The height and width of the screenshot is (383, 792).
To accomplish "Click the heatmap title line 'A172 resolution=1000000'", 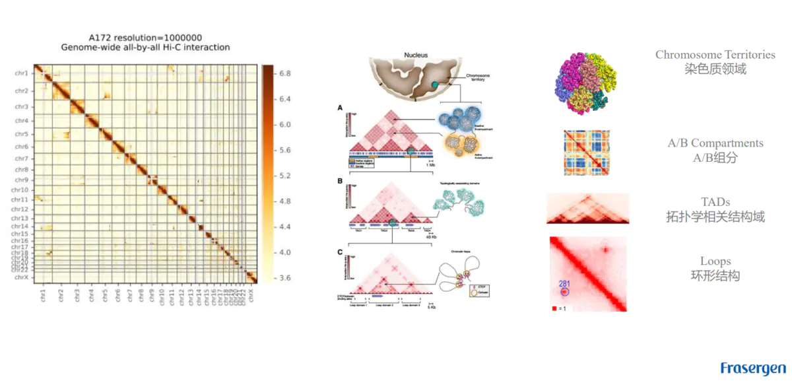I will pos(146,37).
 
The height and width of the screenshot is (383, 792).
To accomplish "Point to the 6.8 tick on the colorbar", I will pos(284,73).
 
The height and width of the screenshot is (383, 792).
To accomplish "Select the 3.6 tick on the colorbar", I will pos(284,278).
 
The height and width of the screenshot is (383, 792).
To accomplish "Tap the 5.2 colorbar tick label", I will pos(284,176).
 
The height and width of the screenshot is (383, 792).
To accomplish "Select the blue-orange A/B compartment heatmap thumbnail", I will pos(587,152).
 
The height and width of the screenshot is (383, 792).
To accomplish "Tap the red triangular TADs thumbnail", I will pos(587,209).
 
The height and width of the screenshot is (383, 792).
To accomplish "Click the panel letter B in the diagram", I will pos(340,180).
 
